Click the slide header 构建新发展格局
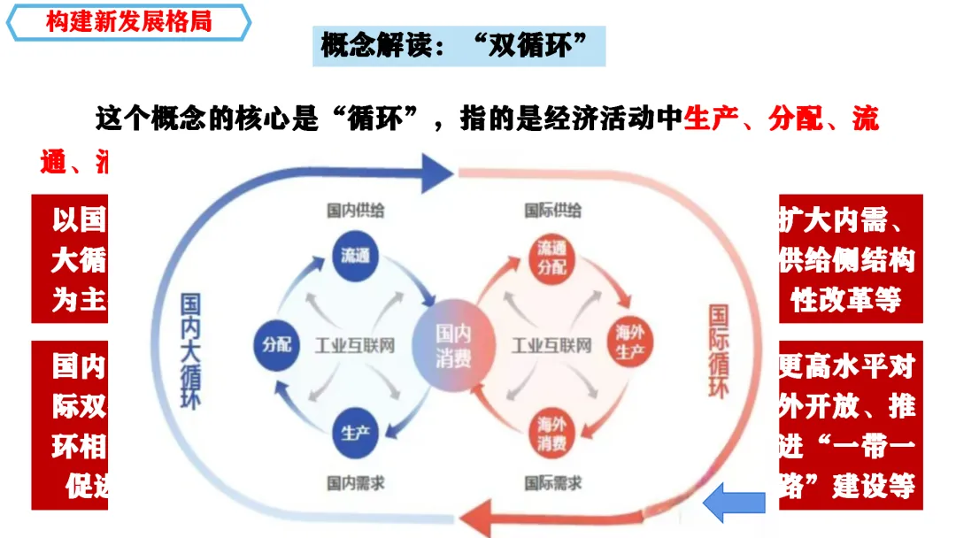[x=128, y=22]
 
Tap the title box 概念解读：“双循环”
[x=459, y=46]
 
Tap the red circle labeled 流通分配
[x=551, y=257]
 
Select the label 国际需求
[x=553, y=483]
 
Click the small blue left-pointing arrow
[x=734, y=503]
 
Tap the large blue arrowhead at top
[x=436, y=172]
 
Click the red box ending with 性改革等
[x=851, y=258]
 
